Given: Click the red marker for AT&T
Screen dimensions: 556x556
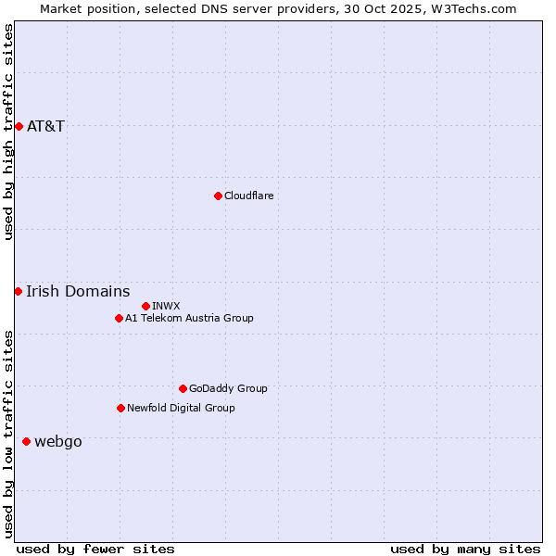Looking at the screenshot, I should [x=19, y=126].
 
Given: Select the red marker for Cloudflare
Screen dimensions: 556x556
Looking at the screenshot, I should [x=218, y=196].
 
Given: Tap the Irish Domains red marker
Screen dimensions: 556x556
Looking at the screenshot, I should [x=18, y=292].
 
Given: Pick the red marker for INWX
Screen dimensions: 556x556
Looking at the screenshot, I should [x=145, y=306].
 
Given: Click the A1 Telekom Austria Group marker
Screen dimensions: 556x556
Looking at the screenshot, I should [x=119, y=318].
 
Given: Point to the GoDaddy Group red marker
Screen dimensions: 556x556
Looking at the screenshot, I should [x=183, y=388].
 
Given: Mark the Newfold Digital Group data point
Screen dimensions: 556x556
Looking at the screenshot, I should [x=120, y=408].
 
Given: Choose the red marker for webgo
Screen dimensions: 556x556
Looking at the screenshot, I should [x=26, y=442].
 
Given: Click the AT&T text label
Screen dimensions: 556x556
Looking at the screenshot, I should [x=46, y=126].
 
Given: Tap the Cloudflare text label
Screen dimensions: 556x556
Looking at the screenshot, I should [x=248, y=196].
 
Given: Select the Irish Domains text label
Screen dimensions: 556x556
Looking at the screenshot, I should [x=78, y=292].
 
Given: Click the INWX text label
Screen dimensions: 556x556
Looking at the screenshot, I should [x=166, y=306].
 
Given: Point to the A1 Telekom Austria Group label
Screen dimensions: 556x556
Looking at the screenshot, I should [x=189, y=318].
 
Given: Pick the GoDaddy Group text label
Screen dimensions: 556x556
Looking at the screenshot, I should [x=228, y=388].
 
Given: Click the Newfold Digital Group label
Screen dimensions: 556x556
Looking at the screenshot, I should [x=181, y=408].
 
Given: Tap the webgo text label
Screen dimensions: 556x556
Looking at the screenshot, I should [x=58, y=442].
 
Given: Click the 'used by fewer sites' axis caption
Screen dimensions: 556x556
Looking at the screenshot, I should [x=95, y=549].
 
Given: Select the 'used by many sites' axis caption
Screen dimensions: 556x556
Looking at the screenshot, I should [x=465, y=549].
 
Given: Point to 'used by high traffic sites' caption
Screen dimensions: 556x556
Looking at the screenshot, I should [x=8, y=132].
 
